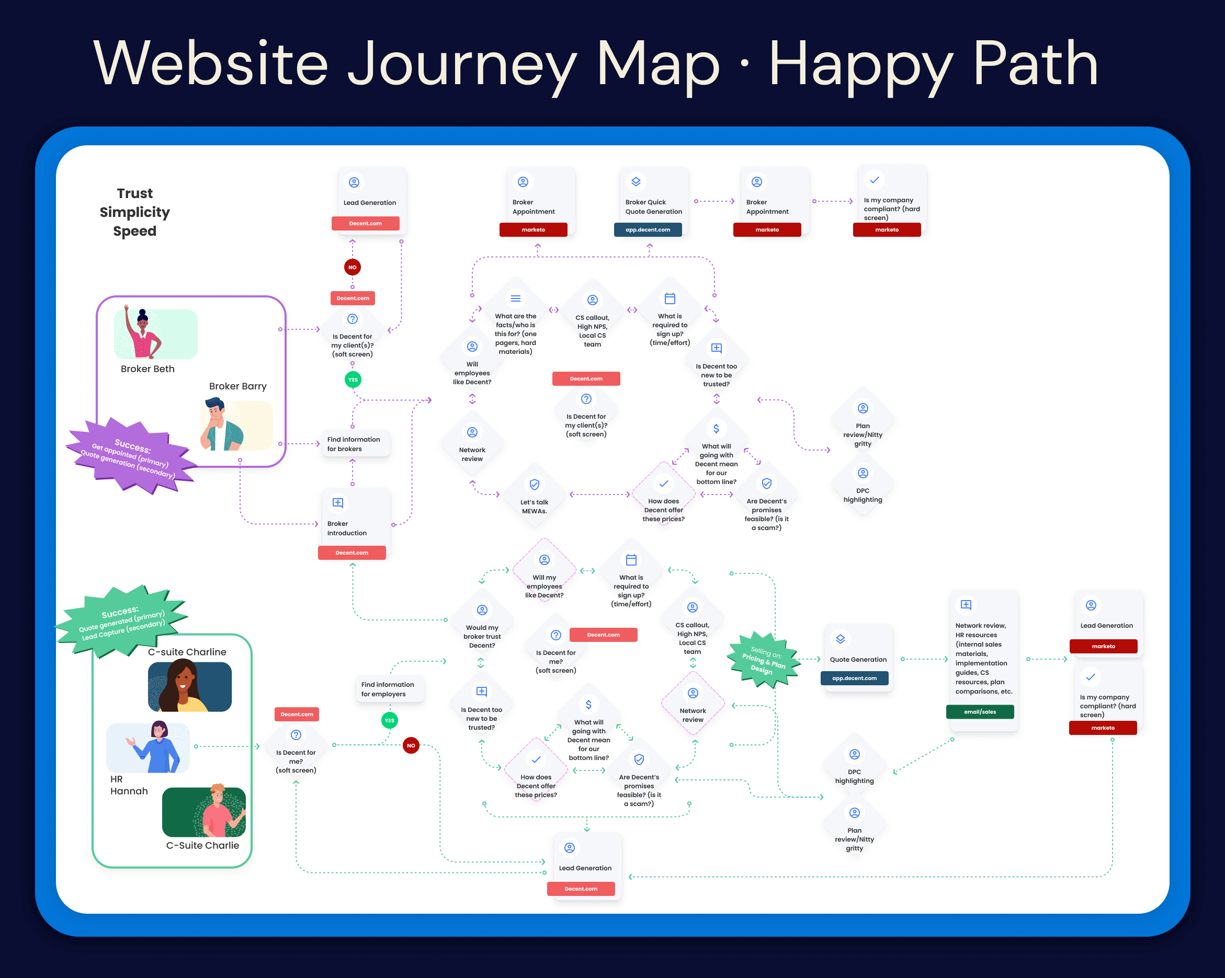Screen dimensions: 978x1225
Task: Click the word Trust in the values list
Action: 134,193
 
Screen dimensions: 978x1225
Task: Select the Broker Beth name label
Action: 147,369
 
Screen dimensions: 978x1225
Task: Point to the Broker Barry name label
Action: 237,386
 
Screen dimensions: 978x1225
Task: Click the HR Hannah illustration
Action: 149,747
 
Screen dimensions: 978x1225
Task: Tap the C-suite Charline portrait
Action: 189,686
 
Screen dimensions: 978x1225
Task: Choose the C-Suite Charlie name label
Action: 202,845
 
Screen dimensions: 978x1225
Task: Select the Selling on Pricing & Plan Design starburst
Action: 763,660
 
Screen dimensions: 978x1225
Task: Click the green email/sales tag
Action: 980,711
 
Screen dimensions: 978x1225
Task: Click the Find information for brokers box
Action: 355,444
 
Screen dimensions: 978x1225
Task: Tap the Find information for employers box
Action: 389,689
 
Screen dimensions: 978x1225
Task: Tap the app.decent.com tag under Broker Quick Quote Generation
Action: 648,230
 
